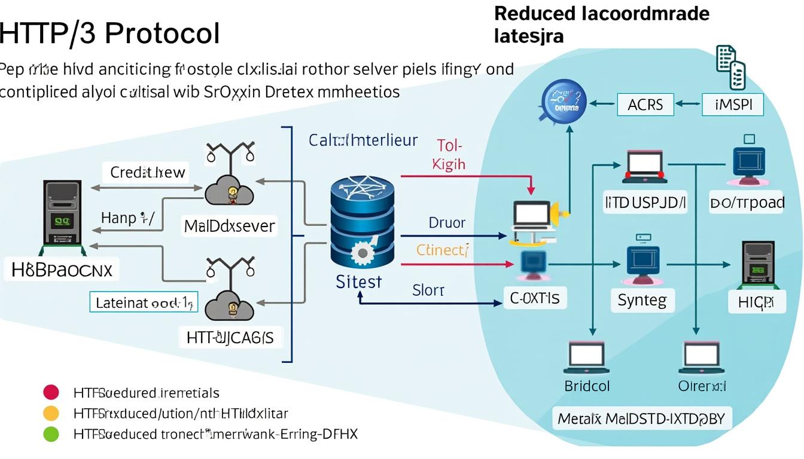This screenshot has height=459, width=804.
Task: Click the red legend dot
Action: click(x=51, y=393)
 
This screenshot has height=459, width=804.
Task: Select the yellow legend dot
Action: click(x=51, y=413)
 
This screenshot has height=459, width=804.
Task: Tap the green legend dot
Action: click(x=51, y=434)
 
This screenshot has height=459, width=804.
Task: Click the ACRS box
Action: click(x=645, y=105)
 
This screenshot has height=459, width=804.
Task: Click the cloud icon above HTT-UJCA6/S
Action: click(x=230, y=306)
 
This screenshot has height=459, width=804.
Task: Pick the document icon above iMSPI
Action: click(x=730, y=66)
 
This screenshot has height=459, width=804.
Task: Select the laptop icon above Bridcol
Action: click(x=587, y=357)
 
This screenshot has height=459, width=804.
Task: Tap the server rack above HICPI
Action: click(x=758, y=263)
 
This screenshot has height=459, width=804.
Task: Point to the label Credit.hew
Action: click(x=148, y=173)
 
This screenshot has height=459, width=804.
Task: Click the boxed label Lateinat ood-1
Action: click(x=143, y=302)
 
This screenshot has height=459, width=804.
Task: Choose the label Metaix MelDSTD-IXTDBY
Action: click(x=641, y=418)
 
